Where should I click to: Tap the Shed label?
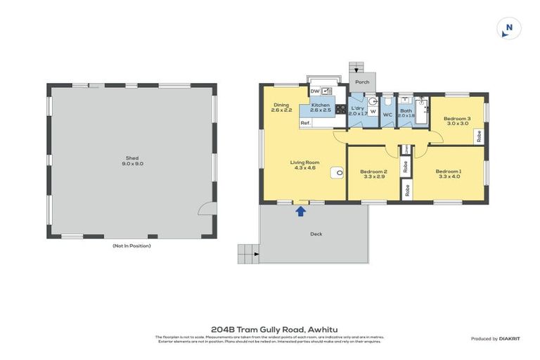(131, 158)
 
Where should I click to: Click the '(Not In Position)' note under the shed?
(131, 245)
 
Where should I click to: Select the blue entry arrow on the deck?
(301, 210)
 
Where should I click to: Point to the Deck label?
(316, 234)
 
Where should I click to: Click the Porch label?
(362, 82)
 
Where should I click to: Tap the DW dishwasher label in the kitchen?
(314, 91)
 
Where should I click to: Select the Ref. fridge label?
(305, 123)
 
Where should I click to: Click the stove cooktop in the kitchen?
(340, 110)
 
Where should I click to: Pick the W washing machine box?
(373, 112)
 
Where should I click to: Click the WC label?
(387, 115)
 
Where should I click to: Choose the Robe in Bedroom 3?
(479, 136)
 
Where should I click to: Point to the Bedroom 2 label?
(373, 172)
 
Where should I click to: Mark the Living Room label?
(304, 162)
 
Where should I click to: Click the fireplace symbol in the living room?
(338, 171)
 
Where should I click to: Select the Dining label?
(281, 105)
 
